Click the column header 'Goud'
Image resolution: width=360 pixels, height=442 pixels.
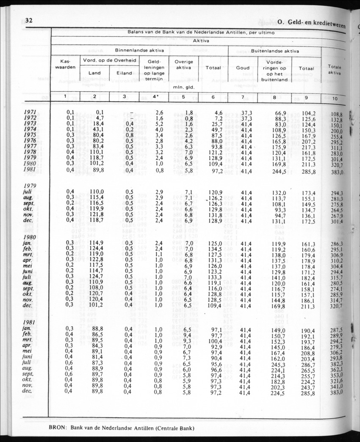point(243,68)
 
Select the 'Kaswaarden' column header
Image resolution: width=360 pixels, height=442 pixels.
point(65,64)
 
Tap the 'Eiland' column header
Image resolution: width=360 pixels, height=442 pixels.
point(124,73)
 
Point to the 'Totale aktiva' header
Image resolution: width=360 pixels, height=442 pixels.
point(334,70)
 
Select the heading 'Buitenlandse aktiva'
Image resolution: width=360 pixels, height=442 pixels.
point(275,51)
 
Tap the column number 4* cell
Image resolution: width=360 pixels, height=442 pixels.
point(154,97)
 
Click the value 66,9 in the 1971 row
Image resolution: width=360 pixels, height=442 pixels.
point(281,112)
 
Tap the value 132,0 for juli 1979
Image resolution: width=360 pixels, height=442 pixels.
point(279,192)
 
